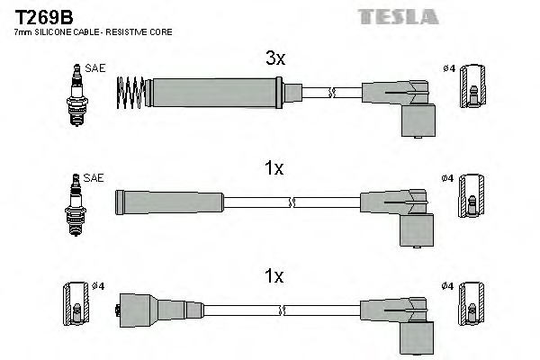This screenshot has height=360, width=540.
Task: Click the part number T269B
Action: [x=41, y=15]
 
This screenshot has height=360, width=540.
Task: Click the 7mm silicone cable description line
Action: [x=93, y=32]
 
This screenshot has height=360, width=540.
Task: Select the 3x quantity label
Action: [x=274, y=59]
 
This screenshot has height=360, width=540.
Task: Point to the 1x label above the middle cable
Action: [x=274, y=168]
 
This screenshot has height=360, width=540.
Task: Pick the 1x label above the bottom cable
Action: [x=274, y=277]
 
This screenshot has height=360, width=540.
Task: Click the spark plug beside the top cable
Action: [x=75, y=93]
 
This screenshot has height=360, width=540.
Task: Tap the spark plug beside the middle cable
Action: [x=75, y=202]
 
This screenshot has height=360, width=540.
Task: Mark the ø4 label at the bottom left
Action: [x=100, y=286]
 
